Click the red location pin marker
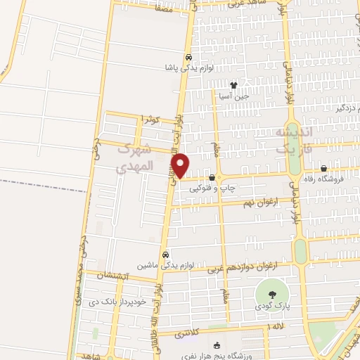181,165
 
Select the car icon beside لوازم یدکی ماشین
165,255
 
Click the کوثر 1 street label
152,120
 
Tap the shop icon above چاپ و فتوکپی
212,178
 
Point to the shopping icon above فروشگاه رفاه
323,169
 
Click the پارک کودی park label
272,307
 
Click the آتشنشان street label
109,276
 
